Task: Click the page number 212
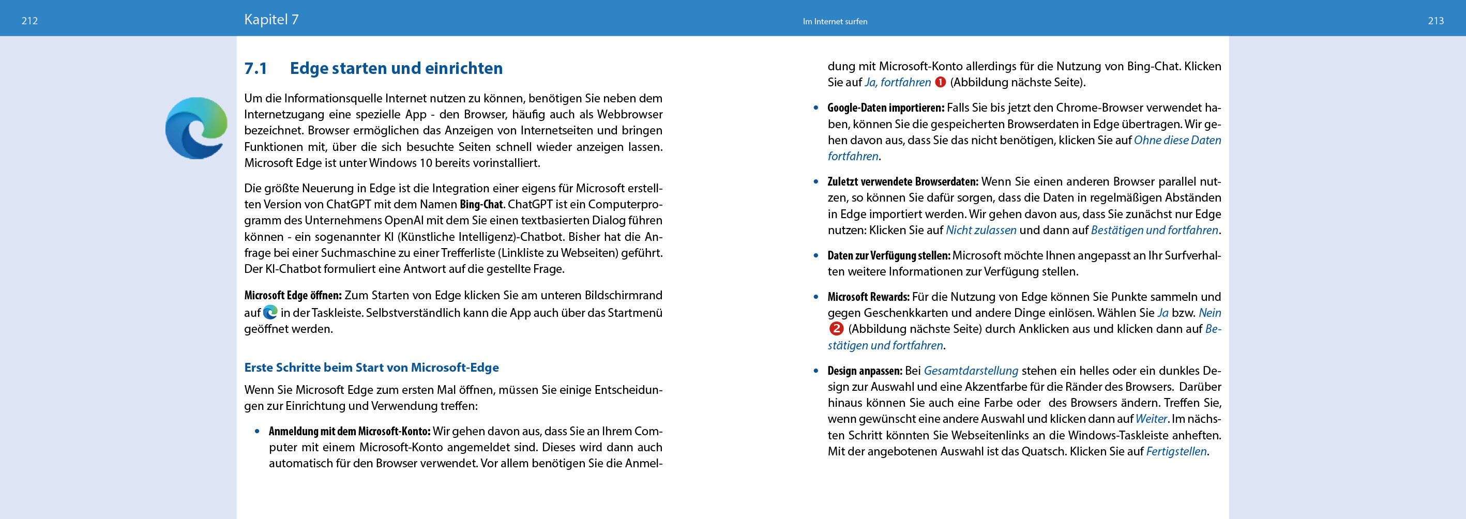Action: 29,21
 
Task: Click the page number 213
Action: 1435,21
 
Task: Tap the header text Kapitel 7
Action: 271,20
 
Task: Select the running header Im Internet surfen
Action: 834,22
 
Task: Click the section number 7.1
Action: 255,68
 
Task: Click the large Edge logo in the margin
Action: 197,128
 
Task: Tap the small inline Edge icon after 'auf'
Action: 270,312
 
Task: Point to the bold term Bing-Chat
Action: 481,204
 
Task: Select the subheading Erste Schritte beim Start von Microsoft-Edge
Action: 371,368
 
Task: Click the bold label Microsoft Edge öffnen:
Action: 293,295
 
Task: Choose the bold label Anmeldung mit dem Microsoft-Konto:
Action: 350,431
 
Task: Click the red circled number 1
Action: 940,83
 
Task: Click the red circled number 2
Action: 836,329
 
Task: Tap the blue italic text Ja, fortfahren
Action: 898,83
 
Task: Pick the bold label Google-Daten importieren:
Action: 885,108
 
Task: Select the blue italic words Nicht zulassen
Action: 980,231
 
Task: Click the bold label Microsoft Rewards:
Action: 868,297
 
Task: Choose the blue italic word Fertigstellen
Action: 1176,452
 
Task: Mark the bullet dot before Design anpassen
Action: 816,371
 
